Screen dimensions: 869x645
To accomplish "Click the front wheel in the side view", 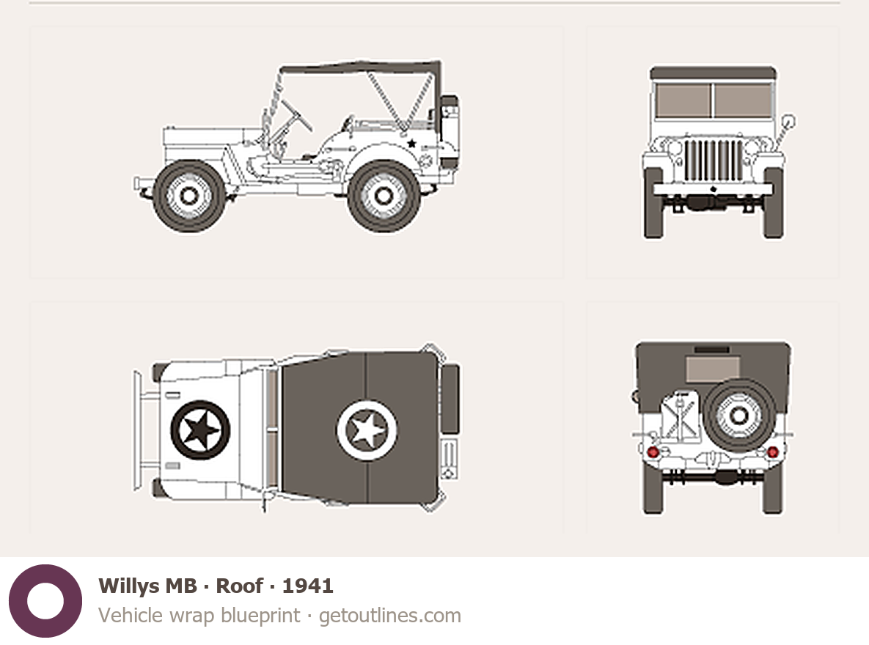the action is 189,196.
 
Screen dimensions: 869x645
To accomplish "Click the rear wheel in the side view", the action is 384,196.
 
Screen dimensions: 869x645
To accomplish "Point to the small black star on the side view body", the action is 412,144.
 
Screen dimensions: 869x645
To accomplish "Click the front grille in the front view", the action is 714,160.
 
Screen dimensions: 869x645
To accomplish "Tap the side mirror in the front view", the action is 788,122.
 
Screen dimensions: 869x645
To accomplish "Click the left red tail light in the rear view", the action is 653,451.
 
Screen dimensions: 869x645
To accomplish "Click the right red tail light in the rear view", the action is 773,452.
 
